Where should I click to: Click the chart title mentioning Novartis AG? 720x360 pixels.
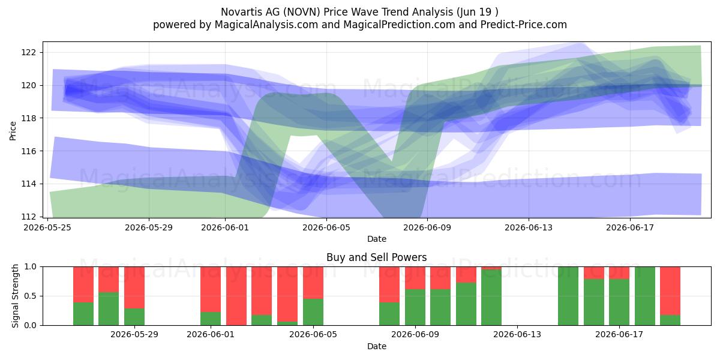pyautogui.click(x=359, y=12)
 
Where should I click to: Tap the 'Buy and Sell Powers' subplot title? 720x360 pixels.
pyautogui.click(x=376, y=257)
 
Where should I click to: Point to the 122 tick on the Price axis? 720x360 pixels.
pyautogui.click(x=28, y=52)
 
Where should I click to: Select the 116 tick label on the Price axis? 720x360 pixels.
pyautogui.click(x=28, y=151)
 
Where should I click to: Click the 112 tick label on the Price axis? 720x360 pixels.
pyautogui.click(x=28, y=217)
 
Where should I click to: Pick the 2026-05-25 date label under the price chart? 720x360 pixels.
pyautogui.click(x=47, y=227)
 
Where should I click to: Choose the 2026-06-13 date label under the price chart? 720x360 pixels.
pyautogui.click(x=529, y=227)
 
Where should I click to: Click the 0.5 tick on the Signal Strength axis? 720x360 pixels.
pyautogui.click(x=30, y=296)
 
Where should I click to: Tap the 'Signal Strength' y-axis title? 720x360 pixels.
pyautogui.click(x=15, y=296)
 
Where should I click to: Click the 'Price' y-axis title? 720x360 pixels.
pyautogui.click(x=13, y=131)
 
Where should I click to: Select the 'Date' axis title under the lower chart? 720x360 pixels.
pyautogui.click(x=377, y=346)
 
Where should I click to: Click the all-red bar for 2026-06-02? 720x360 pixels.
pyautogui.click(x=236, y=296)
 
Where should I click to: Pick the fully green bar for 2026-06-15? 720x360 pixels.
pyautogui.click(x=568, y=296)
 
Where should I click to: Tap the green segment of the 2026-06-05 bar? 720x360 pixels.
pyautogui.click(x=313, y=312)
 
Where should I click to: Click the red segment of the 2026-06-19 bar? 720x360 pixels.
pyautogui.click(x=670, y=291)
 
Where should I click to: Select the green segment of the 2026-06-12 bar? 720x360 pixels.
pyautogui.click(x=491, y=298)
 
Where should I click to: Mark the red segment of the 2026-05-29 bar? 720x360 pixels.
pyautogui.click(x=134, y=287)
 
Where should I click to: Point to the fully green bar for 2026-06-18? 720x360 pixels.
pyautogui.click(x=645, y=296)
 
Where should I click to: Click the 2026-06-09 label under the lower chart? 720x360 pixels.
pyautogui.click(x=415, y=335)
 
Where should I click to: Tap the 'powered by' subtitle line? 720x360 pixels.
pyautogui.click(x=359, y=25)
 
